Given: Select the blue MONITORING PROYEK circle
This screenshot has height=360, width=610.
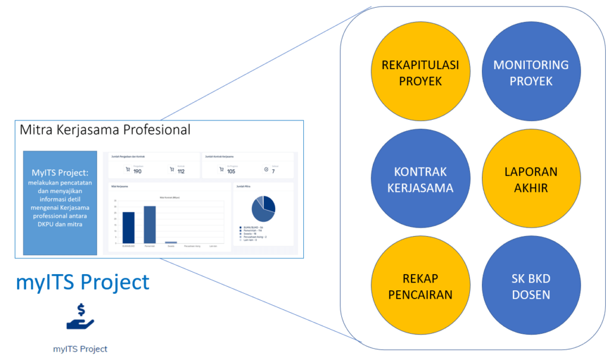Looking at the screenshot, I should [x=531, y=73].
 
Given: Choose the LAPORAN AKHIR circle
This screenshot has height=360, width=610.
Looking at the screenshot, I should [x=531, y=179].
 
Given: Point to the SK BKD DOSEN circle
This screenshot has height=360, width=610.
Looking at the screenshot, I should [x=531, y=286].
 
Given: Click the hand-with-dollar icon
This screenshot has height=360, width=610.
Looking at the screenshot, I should [x=80, y=316].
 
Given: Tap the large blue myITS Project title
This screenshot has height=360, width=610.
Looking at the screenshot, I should [x=83, y=282].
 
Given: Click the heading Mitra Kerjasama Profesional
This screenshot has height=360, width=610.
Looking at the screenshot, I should [x=105, y=129].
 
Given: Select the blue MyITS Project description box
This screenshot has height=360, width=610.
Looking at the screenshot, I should [x=60, y=203].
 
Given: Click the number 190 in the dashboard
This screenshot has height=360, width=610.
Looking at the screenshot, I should [x=138, y=172].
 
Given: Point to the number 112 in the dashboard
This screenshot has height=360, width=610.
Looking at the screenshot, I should [x=181, y=172].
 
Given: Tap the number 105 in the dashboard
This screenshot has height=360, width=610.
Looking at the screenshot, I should [x=231, y=172].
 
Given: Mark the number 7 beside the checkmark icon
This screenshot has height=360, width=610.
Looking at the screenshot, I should [x=273, y=172].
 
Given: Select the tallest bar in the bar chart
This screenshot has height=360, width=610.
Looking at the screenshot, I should [x=149, y=225].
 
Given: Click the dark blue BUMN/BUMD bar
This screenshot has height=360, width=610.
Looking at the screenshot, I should [x=128, y=228].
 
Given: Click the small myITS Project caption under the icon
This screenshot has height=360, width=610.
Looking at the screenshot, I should [x=80, y=349].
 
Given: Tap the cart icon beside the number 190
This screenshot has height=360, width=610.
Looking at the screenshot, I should [x=127, y=170].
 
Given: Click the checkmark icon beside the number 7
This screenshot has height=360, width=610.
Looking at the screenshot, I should [x=266, y=170].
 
